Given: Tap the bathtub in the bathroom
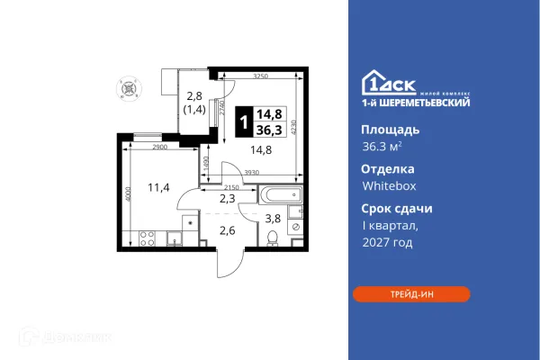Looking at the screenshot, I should click(281, 193).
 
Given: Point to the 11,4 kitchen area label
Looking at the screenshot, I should click(158, 187).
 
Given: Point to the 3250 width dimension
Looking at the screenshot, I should click(261, 77).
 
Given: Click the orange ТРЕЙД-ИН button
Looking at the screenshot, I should click(410, 293).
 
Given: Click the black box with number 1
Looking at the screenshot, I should click(244, 120).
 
